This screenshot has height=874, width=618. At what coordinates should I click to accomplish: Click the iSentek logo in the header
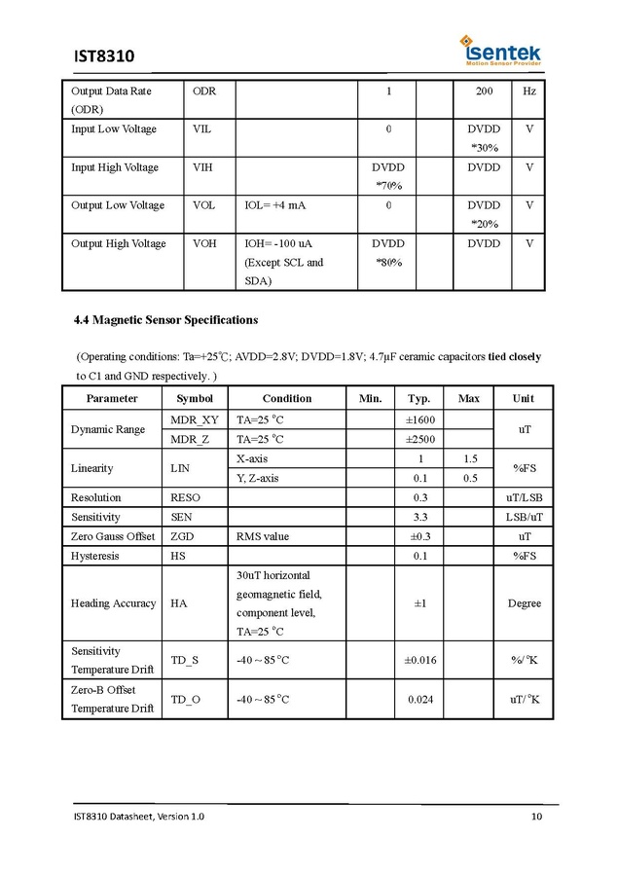click(x=501, y=50)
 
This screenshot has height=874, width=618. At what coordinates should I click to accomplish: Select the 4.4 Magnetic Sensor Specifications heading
click(x=166, y=319)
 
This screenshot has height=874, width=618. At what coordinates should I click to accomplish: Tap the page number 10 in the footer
click(x=536, y=816)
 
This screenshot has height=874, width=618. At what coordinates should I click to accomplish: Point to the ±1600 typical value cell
click(x=418, y=419)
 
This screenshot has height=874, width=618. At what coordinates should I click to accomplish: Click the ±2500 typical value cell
click(x=418, y=439)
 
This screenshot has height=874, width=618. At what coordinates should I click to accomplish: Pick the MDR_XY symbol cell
click(x=195, y=419)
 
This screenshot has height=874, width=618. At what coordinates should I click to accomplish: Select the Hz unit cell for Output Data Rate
click(x=528, y=91)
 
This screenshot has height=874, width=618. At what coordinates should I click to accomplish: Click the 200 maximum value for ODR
click(x=484, y=91)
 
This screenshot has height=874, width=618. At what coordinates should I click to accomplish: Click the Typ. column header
click(x=418, y=398)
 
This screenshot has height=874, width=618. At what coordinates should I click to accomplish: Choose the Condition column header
click(x=287, y=398)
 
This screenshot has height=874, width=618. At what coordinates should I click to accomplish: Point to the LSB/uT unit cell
click(x=524, y=517)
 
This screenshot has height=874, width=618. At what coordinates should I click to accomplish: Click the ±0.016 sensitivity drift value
click(x=419, y=661)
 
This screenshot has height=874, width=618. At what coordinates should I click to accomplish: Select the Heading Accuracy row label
click(x=113, y=603)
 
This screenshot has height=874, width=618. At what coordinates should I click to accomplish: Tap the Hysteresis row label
click(x=94, y=556)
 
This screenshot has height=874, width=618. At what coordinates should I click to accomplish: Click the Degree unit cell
click(x=524, y=603)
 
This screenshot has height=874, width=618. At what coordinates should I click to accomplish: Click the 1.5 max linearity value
click(x=470, y=458)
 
